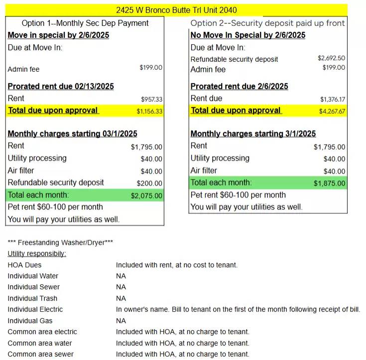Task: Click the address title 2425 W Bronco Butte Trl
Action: [x=176, y=10]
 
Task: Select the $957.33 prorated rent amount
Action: [x=151, y=99]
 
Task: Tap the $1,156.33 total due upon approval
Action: [x=149, y=111]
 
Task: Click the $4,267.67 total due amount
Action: [x=332, y=111]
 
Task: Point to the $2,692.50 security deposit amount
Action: [x=331, y=58]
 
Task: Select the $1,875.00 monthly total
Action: [x=329, y=183]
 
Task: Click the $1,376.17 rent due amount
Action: [x=332, y=99]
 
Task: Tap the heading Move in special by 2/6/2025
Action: [x=58, y=35]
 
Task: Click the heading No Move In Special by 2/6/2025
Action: [x=248, y=35]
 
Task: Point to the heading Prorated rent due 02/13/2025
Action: [x=61, y=86]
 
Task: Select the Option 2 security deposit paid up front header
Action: [x=267, y=23]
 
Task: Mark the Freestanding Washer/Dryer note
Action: [x=60, y=243]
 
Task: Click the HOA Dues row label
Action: [x=24, y=265]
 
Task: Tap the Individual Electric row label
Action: [x=35, y=310]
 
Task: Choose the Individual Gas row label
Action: [x=30, y=321]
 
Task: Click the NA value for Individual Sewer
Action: [x=121, y=287]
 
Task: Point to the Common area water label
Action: [x=40, y=343]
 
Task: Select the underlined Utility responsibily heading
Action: [x=37, y=254]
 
